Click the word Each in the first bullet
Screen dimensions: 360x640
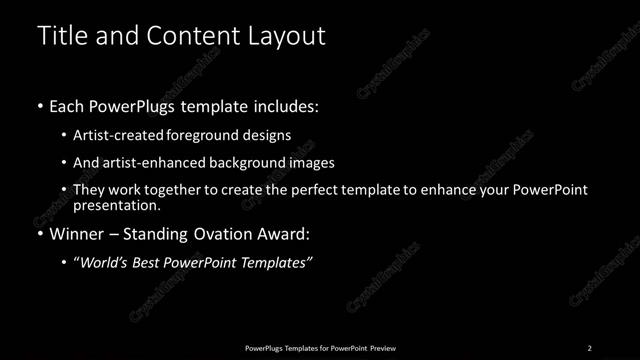coord(67,105)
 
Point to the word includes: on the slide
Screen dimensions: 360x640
coord(286,105)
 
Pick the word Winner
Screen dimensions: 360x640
coord(77,235)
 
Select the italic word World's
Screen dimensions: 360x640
coord(106,263)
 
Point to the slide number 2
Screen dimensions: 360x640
coord(589,348)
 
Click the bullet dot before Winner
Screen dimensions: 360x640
coord(39,236)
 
